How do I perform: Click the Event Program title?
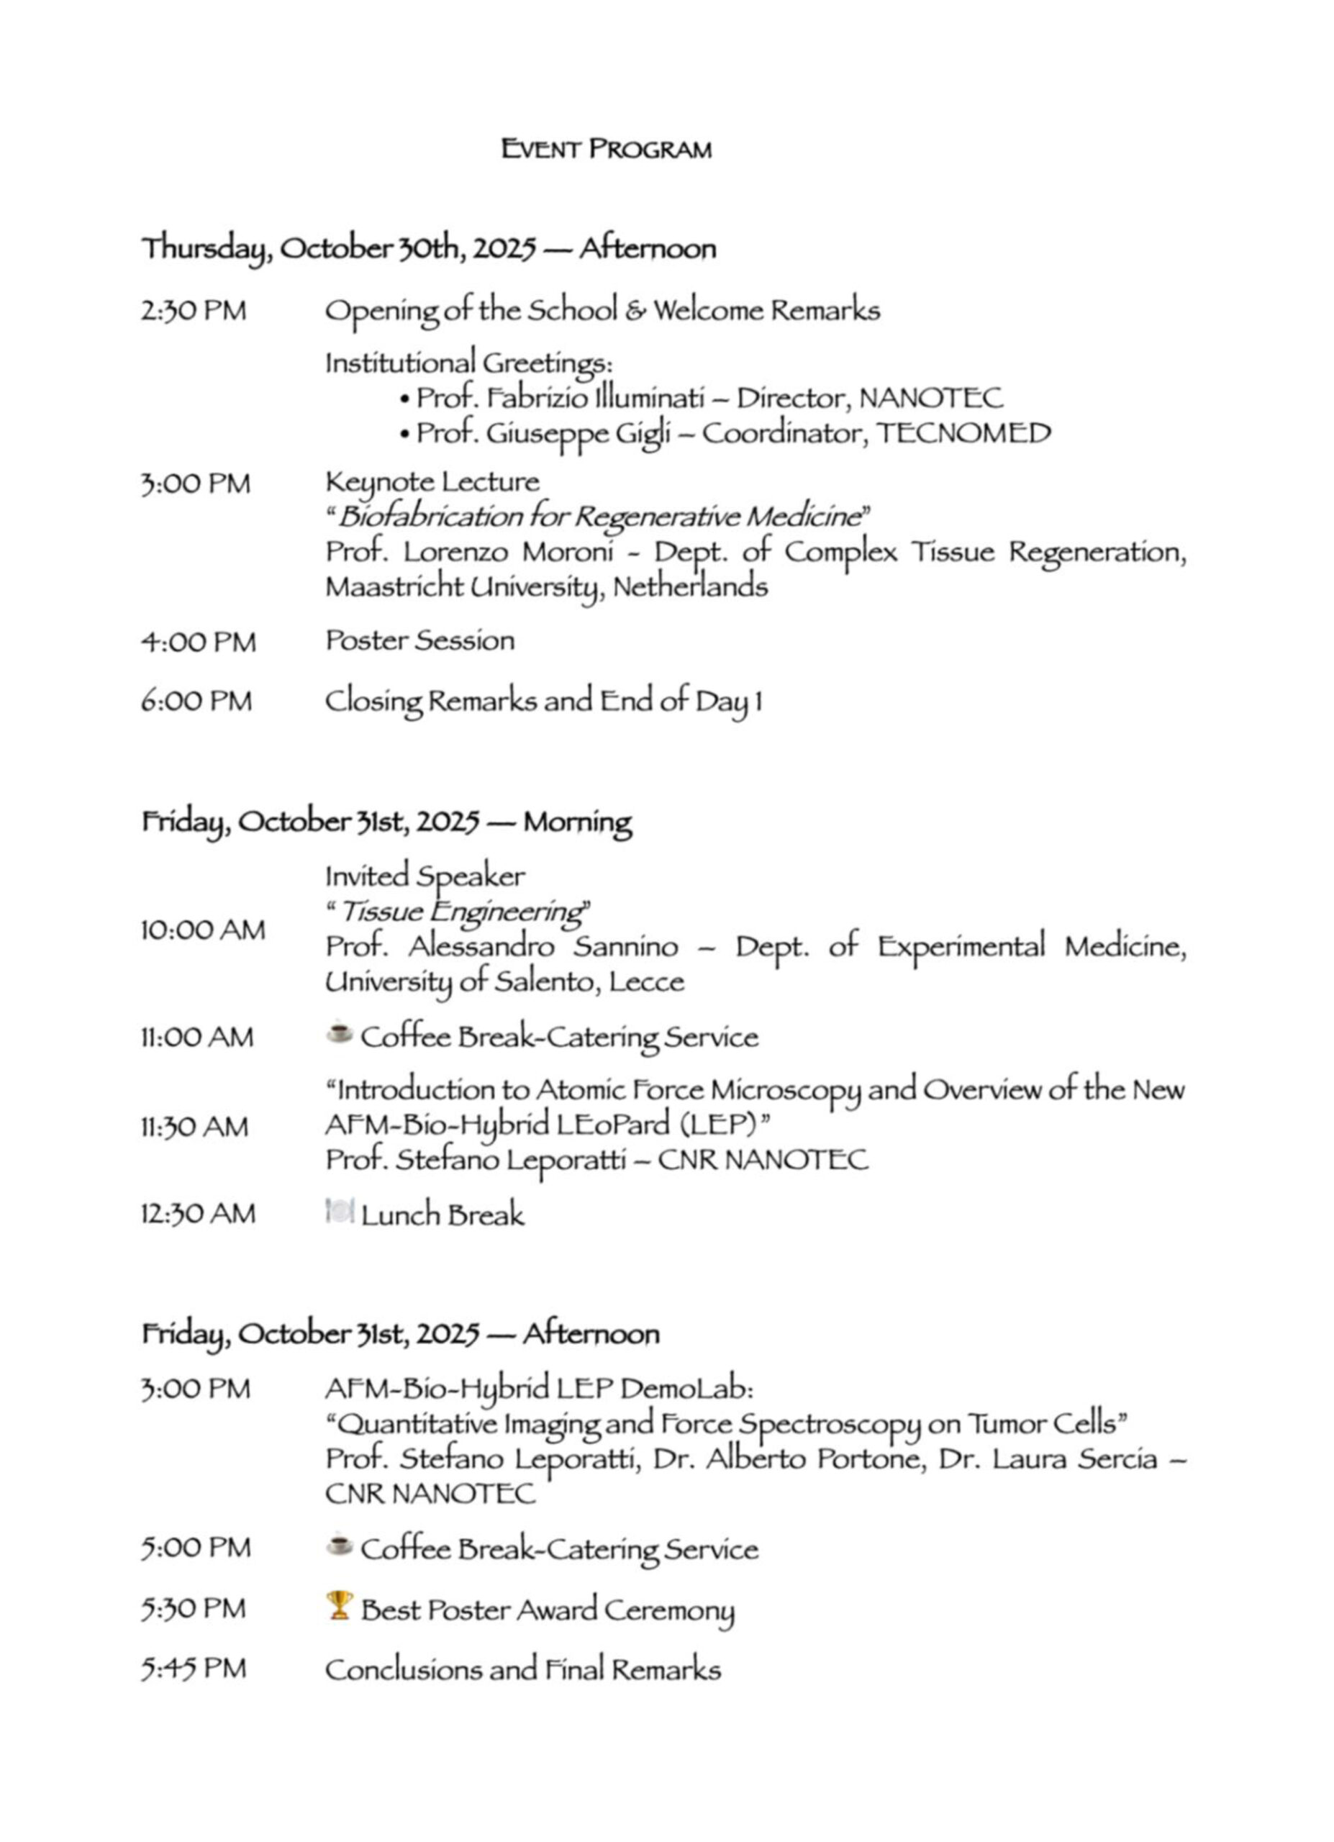606,150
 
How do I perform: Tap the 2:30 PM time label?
194,311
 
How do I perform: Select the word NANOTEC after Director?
931,398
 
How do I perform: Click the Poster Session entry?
419,641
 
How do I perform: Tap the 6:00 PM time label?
196,701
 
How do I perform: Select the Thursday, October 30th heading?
429,248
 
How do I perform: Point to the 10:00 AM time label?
203,929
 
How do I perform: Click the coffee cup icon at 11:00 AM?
340,1034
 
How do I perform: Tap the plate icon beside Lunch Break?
340,1212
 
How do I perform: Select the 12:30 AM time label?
198,1214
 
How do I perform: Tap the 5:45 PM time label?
194,1670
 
